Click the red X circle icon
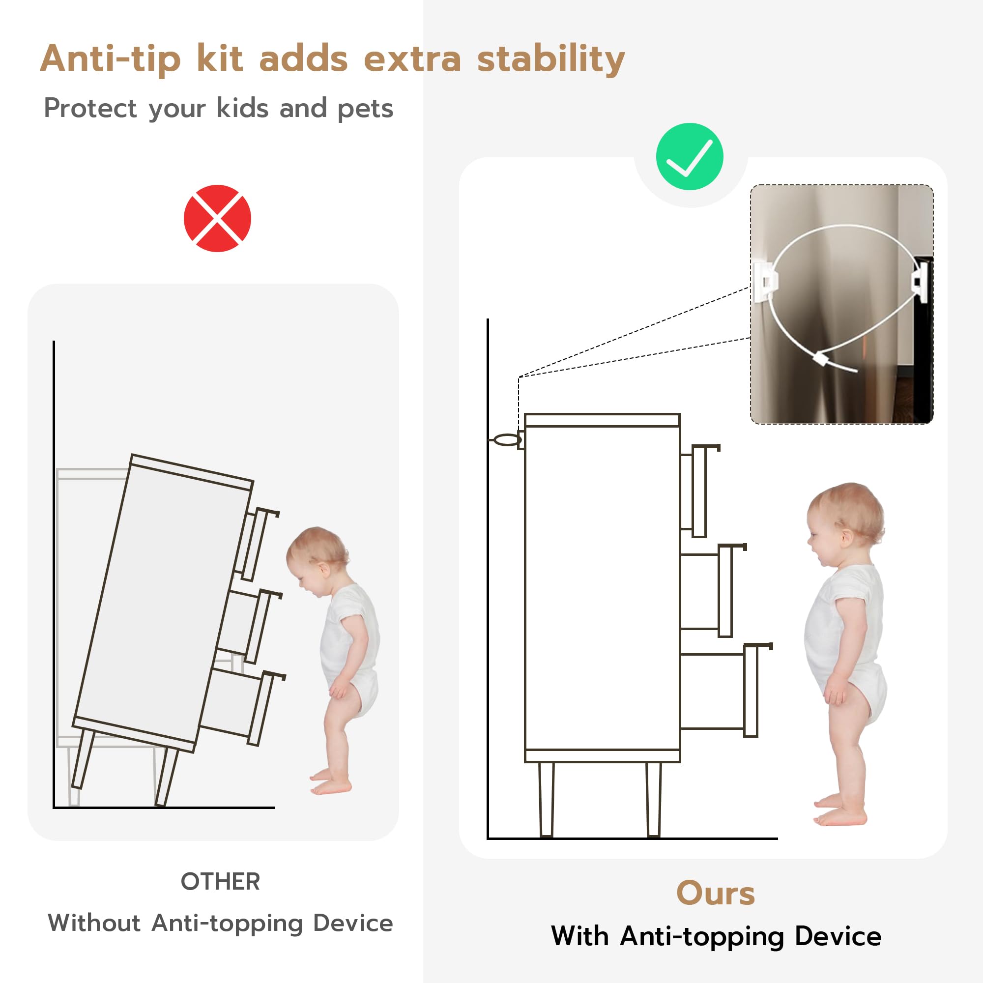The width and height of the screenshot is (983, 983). point(217,218)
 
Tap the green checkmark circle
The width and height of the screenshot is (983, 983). point(690,157)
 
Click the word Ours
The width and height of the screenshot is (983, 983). point(715,894)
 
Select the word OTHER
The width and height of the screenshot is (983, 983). point(220,882)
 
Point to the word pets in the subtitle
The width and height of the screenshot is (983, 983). point(365,109)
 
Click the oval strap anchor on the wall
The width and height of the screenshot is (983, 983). point(507,439)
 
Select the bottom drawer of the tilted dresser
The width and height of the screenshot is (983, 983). point(242,707)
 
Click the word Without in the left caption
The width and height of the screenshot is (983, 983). point(94,923)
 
